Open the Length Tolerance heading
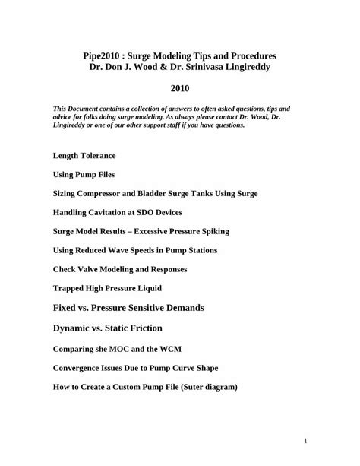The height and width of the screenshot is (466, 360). (x=84, y=155)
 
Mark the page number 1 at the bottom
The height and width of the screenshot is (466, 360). (x=304, y=441)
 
